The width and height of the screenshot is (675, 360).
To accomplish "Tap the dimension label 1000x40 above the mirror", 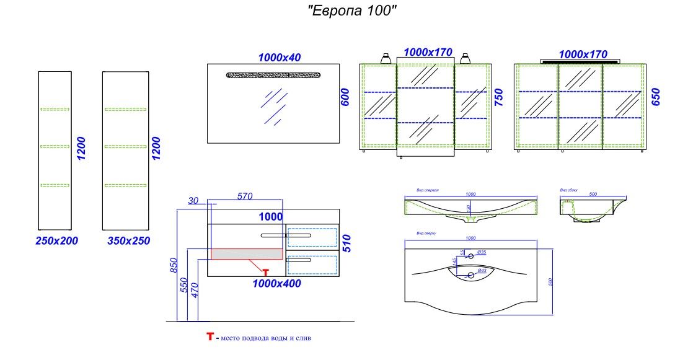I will pyautogui.click(x=279, y=57).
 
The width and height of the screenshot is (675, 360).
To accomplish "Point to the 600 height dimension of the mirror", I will pyautogui.click(x=346, y=97).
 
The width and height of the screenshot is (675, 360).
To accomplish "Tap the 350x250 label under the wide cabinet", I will pyautogui.click(x=128, y=240).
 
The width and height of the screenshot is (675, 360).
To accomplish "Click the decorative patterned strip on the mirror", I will pyautogui.click(x=273, y=75).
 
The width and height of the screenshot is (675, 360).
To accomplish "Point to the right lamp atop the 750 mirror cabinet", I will pyautogui.click(x=466, y=58).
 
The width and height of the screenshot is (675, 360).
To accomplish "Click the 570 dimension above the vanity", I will pyautogui.click(x=245, y=196).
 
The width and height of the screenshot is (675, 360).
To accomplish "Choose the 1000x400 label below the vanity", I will pyautogui.click(x=276, y=284).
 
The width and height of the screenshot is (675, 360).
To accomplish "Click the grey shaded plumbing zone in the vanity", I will pyautogui.click(x=247, y=253).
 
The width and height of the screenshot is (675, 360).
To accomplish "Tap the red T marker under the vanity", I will pyautogui.click(x=265, y=271).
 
